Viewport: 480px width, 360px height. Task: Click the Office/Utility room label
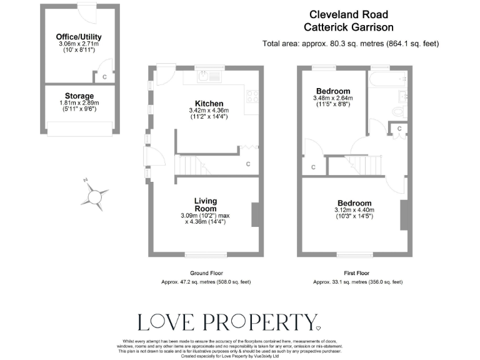coord(79,37)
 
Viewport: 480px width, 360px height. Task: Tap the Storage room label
coord(79,96)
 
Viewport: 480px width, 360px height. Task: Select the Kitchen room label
coord(209,103)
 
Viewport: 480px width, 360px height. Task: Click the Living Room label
coord(205,204)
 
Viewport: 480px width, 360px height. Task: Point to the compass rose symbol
coord(94,196)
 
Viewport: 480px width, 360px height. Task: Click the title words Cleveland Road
coord(349,14)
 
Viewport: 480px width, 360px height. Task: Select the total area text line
coord(351,43)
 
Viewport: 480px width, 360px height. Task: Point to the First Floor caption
coord(357,273)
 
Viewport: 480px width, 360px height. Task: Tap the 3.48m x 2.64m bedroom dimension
coord(332,98)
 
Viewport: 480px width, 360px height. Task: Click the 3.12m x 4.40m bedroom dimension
coord(354,211)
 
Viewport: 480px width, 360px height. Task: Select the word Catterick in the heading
coord(327,27)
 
